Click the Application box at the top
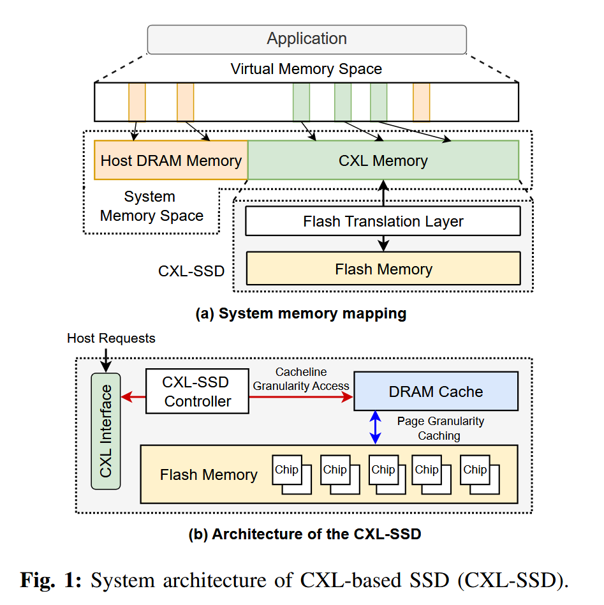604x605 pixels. click(307, 39)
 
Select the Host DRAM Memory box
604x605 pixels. click(171, 160)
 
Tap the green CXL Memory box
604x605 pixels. click(383, 160)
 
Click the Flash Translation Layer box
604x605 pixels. click(383, 222)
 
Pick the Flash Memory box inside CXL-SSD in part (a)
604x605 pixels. click(383, 269)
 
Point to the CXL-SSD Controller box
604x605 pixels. click(197, 392)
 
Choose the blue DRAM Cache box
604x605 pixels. click(436, 392)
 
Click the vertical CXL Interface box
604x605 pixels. click(106, 431)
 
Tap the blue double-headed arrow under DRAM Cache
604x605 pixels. click(376, 427)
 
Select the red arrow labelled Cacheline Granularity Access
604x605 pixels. click(300, 397)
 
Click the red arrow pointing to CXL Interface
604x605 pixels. click(133, 397)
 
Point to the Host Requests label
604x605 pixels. click(111, 338)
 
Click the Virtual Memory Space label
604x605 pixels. click(306, 69)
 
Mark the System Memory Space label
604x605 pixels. click(151, 206)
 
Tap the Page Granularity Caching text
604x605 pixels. click(440, 428)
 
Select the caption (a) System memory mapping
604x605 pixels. click(301, 313)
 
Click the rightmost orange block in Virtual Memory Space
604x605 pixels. click(421, 101)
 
